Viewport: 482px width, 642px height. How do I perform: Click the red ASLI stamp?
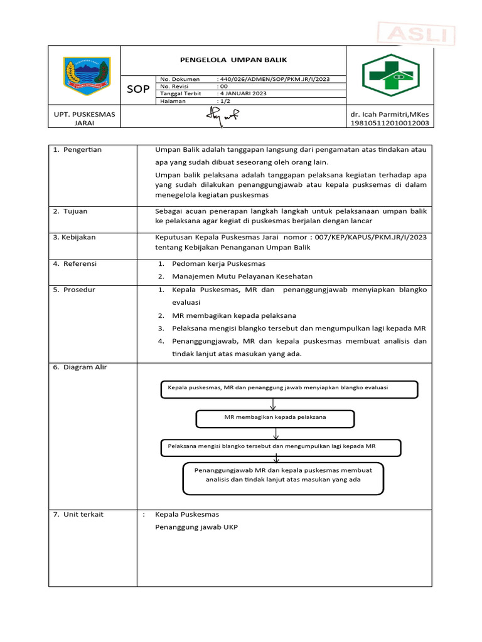[417, 34]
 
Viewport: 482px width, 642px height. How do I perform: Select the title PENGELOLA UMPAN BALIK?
[233, 60]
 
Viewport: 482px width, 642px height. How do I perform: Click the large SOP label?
[138, 90]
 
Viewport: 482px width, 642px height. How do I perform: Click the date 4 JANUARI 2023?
[242, 93]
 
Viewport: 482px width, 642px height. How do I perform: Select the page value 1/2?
[224, 101]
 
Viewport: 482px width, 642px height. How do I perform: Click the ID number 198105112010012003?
[389, 124]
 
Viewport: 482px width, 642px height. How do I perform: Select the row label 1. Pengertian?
[77, 150]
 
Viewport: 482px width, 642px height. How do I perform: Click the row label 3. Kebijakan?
[75, 238]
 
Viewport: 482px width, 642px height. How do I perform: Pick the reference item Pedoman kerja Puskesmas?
[218, 264]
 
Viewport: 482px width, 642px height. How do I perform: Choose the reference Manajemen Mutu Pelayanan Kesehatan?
[242, 276]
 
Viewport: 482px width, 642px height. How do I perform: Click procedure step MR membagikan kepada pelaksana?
[234, 315]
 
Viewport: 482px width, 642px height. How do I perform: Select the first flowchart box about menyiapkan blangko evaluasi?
[289, 389]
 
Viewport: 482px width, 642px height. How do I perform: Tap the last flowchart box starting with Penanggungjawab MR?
[283, 479]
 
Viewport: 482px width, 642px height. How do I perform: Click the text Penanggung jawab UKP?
[196, 527]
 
